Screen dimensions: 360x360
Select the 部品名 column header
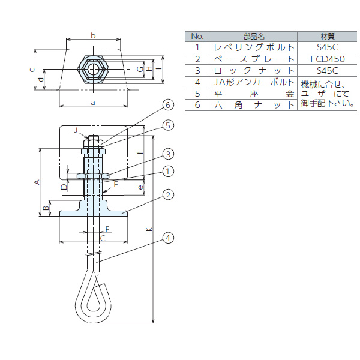[253, 35]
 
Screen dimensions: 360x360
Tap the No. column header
[197, 35]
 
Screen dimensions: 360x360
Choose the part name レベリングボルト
[254, 47]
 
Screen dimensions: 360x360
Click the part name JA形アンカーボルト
[254, 82]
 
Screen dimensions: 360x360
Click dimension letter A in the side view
[36, 181]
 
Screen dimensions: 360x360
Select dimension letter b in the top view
[93, 36]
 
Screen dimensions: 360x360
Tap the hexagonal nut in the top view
[94, 69]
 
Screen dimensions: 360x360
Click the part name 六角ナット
[254, 104]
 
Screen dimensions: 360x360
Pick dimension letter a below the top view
[92, 103]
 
